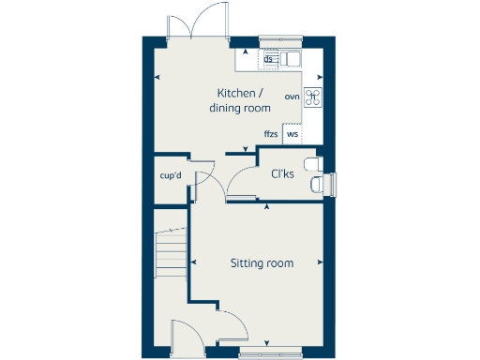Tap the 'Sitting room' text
coord(262,263)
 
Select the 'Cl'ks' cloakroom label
coord(282,174)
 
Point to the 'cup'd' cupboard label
coord(170,175)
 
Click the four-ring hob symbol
coord(312,97)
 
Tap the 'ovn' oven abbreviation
coord(292,97)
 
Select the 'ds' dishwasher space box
coord(269,60)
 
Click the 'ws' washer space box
coord(292,134)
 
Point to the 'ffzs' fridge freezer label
coord(271,135)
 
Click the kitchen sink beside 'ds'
coord(292,60)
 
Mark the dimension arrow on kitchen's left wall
coord(157,76)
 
